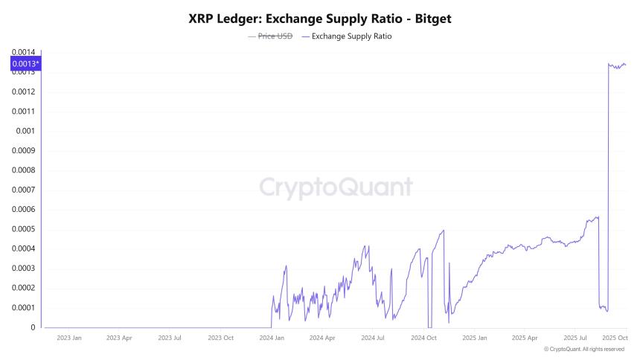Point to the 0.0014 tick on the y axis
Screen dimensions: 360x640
click(23, 52)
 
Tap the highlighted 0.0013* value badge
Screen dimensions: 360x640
click(26, 65)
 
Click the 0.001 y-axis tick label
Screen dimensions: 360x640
click(25, 131)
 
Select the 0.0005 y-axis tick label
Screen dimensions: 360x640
click(23, 229)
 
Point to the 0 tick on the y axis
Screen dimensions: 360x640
click(32, 327)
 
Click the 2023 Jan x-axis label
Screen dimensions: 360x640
click(68, 338)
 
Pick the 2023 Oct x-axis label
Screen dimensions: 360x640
click(221, 338)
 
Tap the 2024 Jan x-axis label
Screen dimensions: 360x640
click(272, 338)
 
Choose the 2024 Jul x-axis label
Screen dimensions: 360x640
click(373, 338)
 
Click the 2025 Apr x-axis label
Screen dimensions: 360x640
click(525, 338)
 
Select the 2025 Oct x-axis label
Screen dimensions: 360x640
click(615, 338)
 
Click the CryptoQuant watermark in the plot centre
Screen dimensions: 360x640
click(336, 187)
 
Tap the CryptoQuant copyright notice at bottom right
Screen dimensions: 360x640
click(584, 349)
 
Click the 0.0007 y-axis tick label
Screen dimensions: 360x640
click(23, 190)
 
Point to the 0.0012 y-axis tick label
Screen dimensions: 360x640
click(23, 91)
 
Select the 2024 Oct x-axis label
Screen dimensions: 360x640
click(423, 338)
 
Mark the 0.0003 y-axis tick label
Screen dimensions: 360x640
click(23, 269)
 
